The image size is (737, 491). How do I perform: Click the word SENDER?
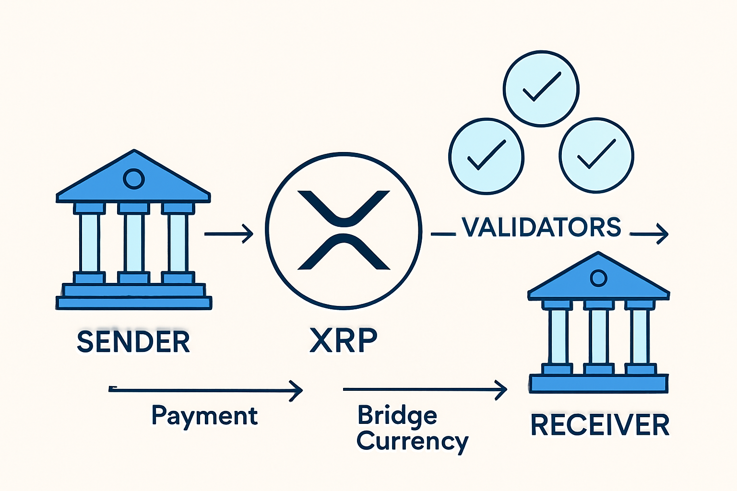click(133, 341)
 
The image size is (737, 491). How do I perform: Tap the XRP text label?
click(344, 340)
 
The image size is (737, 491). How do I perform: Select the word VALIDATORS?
click(541, 227)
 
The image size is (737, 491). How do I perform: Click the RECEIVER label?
click(600, 425)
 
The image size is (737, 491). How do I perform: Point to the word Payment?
click(205, 416)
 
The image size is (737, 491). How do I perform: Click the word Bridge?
click(397, 415)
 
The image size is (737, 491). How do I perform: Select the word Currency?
click(412, 441)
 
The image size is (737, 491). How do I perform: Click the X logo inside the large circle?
click(344, 230)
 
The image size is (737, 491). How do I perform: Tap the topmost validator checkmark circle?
click(541, 89)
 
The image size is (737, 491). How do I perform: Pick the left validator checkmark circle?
click(486, 156)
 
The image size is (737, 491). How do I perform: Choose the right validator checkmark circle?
click(596, 155)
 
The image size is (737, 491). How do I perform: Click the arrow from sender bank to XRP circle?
click(228, 234)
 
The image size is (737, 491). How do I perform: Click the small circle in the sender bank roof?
click(133, 179)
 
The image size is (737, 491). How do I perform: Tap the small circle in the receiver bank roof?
click(598, 278)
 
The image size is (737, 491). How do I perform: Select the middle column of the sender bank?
click(134, 243)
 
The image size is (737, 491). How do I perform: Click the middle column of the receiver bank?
click(598, 337)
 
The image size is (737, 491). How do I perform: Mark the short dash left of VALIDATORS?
click(443, 234)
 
